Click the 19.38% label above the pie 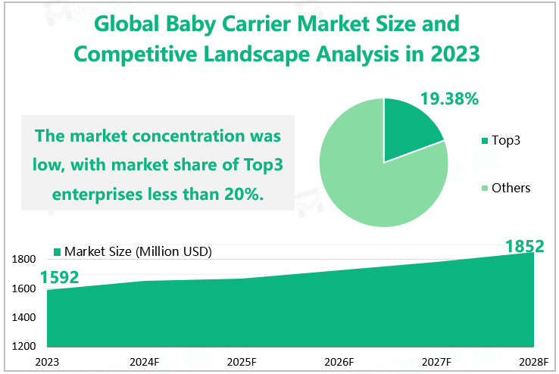449,98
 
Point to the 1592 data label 60,277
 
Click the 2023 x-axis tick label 47,362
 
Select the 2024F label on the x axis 145,362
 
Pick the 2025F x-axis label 242,362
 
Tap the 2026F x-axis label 339,362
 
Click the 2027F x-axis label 437,362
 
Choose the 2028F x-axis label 534,362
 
